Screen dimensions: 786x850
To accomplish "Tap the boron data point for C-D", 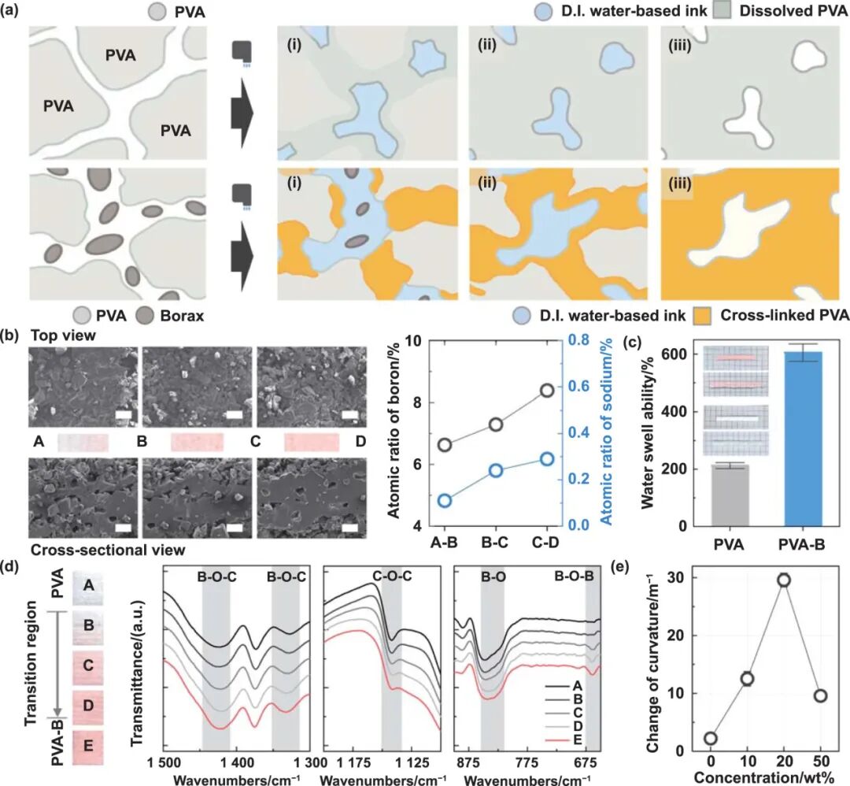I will [546, 390].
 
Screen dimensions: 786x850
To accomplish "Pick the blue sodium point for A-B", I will [444, 501].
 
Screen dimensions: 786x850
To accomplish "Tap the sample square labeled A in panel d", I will [89, 587].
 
